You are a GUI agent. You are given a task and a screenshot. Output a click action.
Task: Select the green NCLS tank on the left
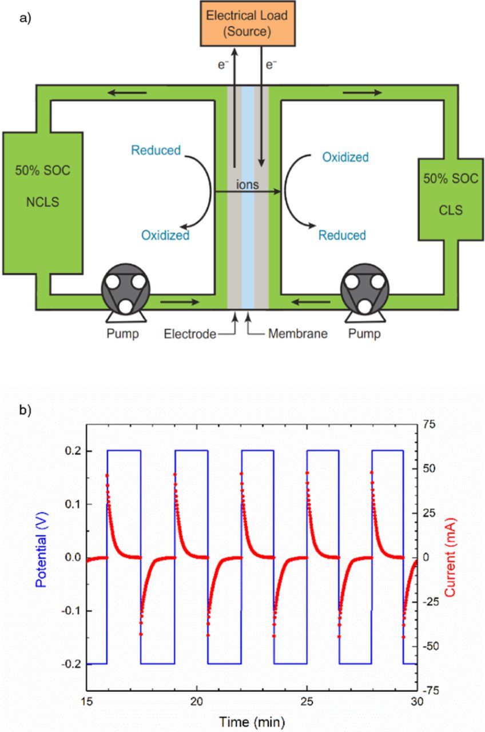[x=43, y=202]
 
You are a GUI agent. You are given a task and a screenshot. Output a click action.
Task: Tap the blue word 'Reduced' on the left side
[x=156, y=151]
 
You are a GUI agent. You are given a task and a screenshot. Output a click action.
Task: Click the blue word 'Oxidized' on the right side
[x=345, y=157]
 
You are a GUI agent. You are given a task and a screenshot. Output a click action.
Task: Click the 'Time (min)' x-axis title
[x=252, y=721]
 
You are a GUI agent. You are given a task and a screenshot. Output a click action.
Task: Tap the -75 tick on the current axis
[x=432, y=690]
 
